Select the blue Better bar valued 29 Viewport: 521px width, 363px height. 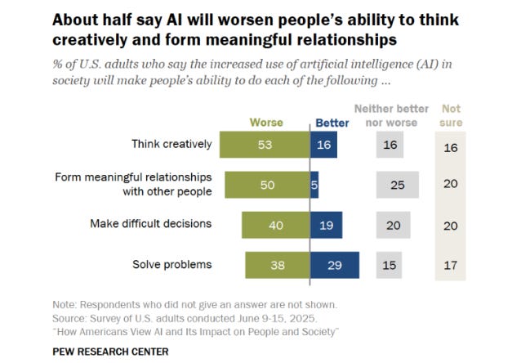334,265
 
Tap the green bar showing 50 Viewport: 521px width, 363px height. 267,185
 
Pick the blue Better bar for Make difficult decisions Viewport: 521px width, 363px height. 327,225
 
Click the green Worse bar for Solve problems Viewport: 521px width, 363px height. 278,265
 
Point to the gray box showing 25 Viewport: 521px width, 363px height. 398,185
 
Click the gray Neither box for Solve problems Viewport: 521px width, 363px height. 390,265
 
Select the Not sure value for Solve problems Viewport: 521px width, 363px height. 450,265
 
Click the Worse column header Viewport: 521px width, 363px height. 266,123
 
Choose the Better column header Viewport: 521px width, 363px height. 332,123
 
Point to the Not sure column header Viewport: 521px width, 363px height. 451,115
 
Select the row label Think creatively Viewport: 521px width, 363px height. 171,145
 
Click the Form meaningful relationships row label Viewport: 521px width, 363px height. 133,185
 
